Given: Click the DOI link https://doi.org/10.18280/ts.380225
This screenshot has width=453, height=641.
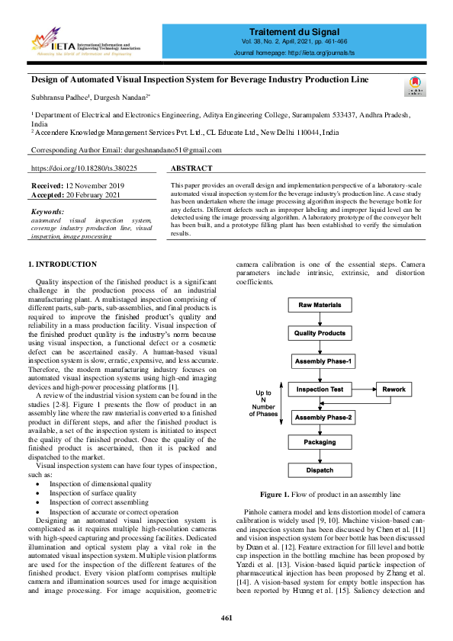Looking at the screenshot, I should tap(84, 168).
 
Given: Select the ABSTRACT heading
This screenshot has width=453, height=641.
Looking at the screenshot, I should tap(191, 168).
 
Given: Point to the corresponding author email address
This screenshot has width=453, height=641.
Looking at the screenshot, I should tap(172, 150).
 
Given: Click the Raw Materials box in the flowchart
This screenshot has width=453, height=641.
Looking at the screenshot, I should tap(320, 305).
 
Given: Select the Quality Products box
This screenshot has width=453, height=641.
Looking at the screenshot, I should tap(320, 333).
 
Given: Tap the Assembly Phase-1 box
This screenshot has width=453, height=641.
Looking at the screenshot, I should tap(323, 361).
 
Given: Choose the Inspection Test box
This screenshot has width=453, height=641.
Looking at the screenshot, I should tap(320, 389).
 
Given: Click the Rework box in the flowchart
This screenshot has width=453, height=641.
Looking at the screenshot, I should tap(394, 389).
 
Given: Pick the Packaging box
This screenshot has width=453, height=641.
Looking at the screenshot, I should tap(320, 442).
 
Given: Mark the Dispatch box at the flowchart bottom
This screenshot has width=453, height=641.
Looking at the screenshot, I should tap(320, 470).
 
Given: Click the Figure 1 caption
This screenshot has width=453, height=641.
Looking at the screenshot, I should tap(329, 494).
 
